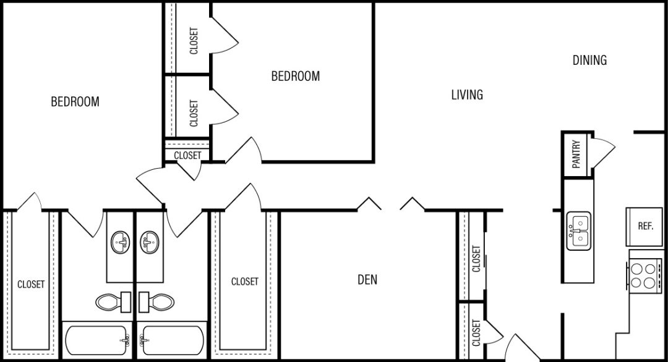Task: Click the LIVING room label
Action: coord(467,95)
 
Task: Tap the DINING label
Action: coord(589,60)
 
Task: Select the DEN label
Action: coord(367,280)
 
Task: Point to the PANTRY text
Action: coord(576,154)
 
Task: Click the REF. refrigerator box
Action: coord(645,226)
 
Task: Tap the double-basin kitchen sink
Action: coord(578,231)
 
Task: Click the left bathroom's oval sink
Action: coord(121,242)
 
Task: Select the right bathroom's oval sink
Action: coord(150,242)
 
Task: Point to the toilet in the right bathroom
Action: coord(157,302)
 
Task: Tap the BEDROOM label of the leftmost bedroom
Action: coord(75,101)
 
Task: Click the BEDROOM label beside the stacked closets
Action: coord(296,76)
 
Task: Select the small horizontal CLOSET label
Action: coord(187,156)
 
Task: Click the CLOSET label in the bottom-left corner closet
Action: coord(31,284)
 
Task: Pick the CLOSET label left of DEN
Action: coord(245,282)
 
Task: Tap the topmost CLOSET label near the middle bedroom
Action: coord(194,41)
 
